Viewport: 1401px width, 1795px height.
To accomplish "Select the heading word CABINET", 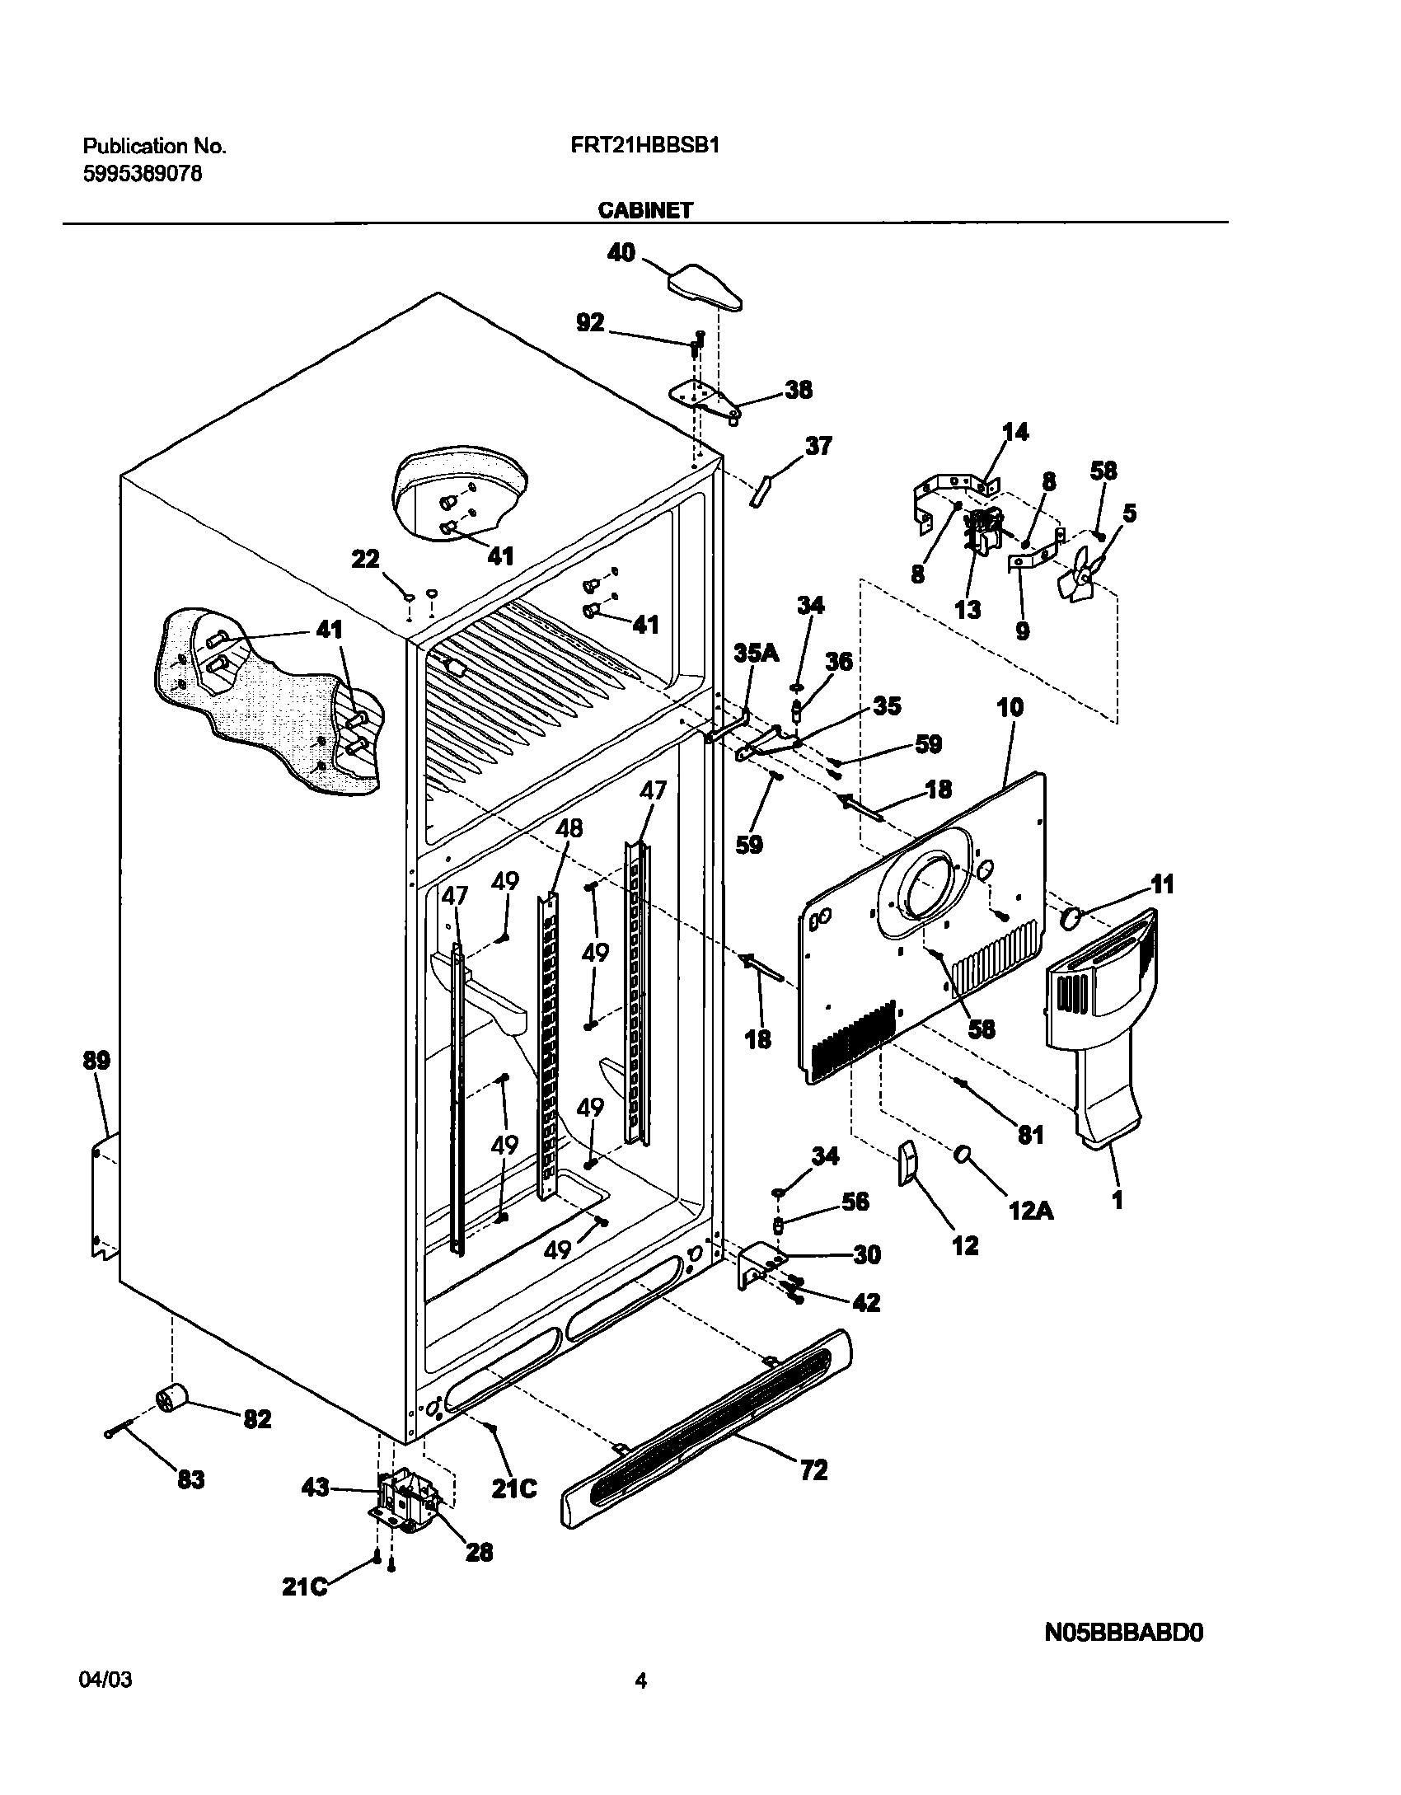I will pyautogui.click(x=645, y=210).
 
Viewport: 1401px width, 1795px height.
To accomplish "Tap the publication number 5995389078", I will pyautogui.click(x=143, y=174).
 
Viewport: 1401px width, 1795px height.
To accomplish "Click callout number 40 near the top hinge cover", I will pyautogui.click(x=621, y=252).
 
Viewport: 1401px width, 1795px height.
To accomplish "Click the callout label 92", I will pyautogui.click(x=590, y=323).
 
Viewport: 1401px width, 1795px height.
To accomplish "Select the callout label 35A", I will pyautogui.click(x=756, y=654).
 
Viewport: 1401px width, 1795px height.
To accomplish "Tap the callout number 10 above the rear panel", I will pyautogui.click(x=1010, y=707).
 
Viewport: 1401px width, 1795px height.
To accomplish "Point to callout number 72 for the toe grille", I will pyautogui.click(x=813, y=1469).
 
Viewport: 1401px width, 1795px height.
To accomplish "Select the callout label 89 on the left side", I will pyautogui.click(x=96, y=1060).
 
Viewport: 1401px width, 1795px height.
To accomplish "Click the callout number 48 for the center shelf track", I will pyautogui.click(x=569, y=827).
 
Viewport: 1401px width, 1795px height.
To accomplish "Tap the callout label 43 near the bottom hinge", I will pyautogui.click(x=316, y=1488).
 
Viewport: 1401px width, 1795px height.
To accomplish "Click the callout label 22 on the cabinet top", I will pyautogui.click(x=366, y=560).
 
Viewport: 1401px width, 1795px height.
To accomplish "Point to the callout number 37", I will pyautogui.click(x=818, y=446).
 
